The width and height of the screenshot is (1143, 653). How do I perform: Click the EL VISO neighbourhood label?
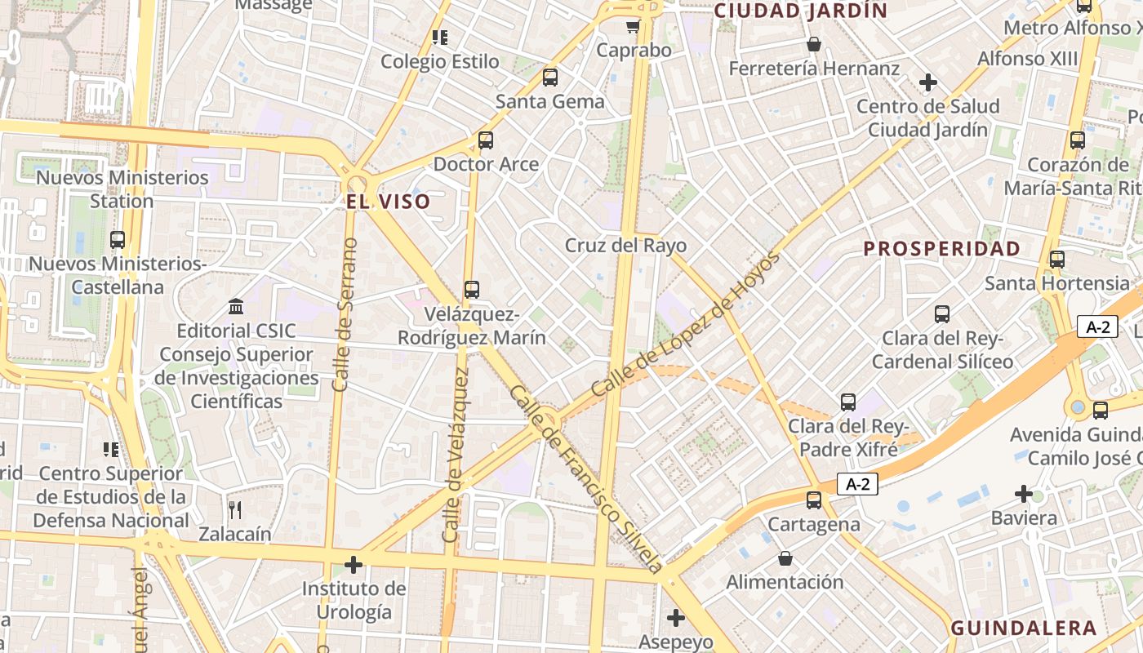click(x=388, y=202)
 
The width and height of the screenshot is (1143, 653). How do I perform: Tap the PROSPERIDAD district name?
click(x=942, y=249)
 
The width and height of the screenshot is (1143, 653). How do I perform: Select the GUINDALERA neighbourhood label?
click(x=1024, y=628)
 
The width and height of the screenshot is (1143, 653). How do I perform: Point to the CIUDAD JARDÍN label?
click(x=801, y=11)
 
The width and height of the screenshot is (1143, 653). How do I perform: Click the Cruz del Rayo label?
click(x=626, y=246)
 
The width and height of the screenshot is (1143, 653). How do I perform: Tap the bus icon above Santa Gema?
click(x=550, y=78)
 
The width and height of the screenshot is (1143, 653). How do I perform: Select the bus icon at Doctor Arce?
click(x=486, y=140)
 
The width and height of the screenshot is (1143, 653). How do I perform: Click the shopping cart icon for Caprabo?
click(x=633, y=26)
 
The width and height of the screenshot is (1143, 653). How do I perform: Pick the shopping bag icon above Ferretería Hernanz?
click(x=814, y=44)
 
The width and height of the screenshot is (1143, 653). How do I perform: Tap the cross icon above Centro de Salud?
click(x=927, y=82)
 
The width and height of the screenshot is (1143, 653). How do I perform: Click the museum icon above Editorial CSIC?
click(x=236, y=307)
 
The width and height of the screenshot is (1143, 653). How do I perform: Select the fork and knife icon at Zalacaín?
click(x=235, y=510)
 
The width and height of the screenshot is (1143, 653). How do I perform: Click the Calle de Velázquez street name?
click(x=455, y=455)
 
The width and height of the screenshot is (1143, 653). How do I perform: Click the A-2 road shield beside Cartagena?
click(x=858, y=484)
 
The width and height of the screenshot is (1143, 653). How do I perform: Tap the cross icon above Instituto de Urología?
click(x=354, y=565)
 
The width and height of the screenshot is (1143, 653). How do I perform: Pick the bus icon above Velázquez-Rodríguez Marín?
click(x=472, y=290)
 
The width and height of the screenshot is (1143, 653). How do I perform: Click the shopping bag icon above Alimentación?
click(x=785, y=558)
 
